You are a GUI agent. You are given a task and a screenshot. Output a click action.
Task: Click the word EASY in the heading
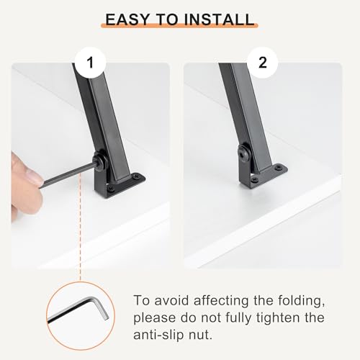[127, 19]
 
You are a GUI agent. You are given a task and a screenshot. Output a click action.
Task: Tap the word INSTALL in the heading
[219, 19]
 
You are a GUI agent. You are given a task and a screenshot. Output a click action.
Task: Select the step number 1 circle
[90, 63]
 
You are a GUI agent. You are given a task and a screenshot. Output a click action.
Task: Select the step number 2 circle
[263, 63]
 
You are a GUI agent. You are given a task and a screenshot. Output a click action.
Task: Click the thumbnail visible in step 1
[34, 174]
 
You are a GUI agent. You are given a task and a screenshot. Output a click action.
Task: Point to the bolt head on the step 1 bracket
[98, 159]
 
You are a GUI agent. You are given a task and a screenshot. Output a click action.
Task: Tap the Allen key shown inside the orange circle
[79, 310]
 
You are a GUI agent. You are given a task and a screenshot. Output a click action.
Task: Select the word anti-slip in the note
[159, 335]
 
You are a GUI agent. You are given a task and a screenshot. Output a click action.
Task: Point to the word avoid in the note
[171, 300]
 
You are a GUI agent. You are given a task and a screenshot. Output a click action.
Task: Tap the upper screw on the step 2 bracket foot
[279, 167]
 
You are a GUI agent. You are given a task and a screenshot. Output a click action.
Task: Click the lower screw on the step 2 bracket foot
[254, 179]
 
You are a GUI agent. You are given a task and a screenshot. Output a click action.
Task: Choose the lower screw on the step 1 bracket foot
[111, 189]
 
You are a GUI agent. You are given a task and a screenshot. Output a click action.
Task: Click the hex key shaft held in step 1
[68, 174]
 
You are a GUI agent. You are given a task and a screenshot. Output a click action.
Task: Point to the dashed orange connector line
[80, 228]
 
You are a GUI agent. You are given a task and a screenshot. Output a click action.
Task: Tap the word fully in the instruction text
[239, 318]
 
